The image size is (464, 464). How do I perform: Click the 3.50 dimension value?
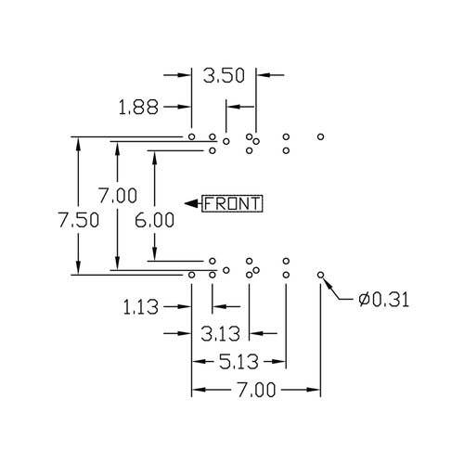[224, 76]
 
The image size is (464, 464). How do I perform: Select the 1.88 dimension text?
[138, 108]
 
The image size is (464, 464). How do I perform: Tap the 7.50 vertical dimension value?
[79, 220]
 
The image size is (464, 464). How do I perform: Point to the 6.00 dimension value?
[154, 220]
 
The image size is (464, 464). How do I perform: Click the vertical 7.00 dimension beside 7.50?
[118, 196]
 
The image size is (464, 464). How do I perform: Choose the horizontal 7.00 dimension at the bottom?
[256, 390]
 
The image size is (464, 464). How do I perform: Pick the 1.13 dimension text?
[141, 307]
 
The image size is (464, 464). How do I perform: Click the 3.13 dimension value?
[220, 334]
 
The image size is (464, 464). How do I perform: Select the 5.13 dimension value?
[238, 362]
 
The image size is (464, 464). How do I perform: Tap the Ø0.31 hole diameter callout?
[383, 300]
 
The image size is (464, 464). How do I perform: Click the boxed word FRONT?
[232, 204]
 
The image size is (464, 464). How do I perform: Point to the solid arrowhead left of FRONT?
[191, 203]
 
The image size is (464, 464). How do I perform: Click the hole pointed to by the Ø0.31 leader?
[321, 275]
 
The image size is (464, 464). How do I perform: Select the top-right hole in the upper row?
[321, 136]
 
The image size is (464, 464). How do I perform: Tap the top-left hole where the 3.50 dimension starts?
[192, 136]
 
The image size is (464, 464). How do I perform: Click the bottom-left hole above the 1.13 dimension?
[192, 275]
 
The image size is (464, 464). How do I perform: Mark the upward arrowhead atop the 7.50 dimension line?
[78, 144]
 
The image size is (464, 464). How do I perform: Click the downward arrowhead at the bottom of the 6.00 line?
[155, 254]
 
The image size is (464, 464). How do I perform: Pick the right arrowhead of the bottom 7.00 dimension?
[314, 390]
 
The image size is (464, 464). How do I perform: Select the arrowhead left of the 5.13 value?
[199, 361]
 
